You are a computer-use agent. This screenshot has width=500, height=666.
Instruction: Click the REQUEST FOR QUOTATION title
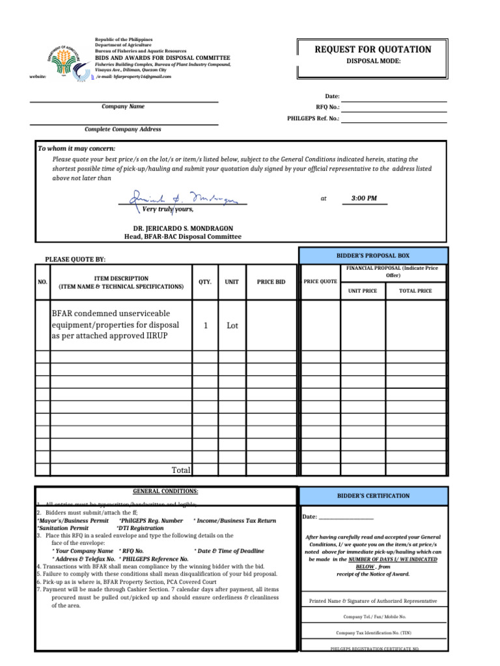point(373,49)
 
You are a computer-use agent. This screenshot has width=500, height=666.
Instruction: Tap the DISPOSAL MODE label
point(373,61)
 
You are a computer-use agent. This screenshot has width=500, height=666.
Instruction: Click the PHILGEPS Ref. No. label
point(313,118)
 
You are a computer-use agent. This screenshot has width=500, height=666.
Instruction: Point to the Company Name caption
point(123,106)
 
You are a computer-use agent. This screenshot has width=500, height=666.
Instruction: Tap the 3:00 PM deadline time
point(364,198)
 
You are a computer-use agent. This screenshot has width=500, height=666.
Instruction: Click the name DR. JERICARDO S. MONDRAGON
point(183,228)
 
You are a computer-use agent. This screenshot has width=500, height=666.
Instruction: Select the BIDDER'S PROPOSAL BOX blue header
point(373,256)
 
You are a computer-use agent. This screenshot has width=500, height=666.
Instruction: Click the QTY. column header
point(205,282)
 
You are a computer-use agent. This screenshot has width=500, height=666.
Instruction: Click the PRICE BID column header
point(271,282)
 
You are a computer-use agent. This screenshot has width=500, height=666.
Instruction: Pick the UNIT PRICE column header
point(363,291)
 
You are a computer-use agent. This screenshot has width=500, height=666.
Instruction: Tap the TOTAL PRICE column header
point(415,291)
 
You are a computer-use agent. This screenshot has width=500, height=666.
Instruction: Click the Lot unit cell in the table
point(232,325)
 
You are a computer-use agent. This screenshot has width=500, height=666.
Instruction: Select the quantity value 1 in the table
point(205,325)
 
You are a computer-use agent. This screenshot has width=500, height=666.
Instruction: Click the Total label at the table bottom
point(180,470)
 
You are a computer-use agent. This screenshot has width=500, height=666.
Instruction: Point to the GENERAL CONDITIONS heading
point(165,491)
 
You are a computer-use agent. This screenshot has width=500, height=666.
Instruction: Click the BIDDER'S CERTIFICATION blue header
point(373,496)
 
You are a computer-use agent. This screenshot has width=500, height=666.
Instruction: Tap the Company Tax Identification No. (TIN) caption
point(373,632)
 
